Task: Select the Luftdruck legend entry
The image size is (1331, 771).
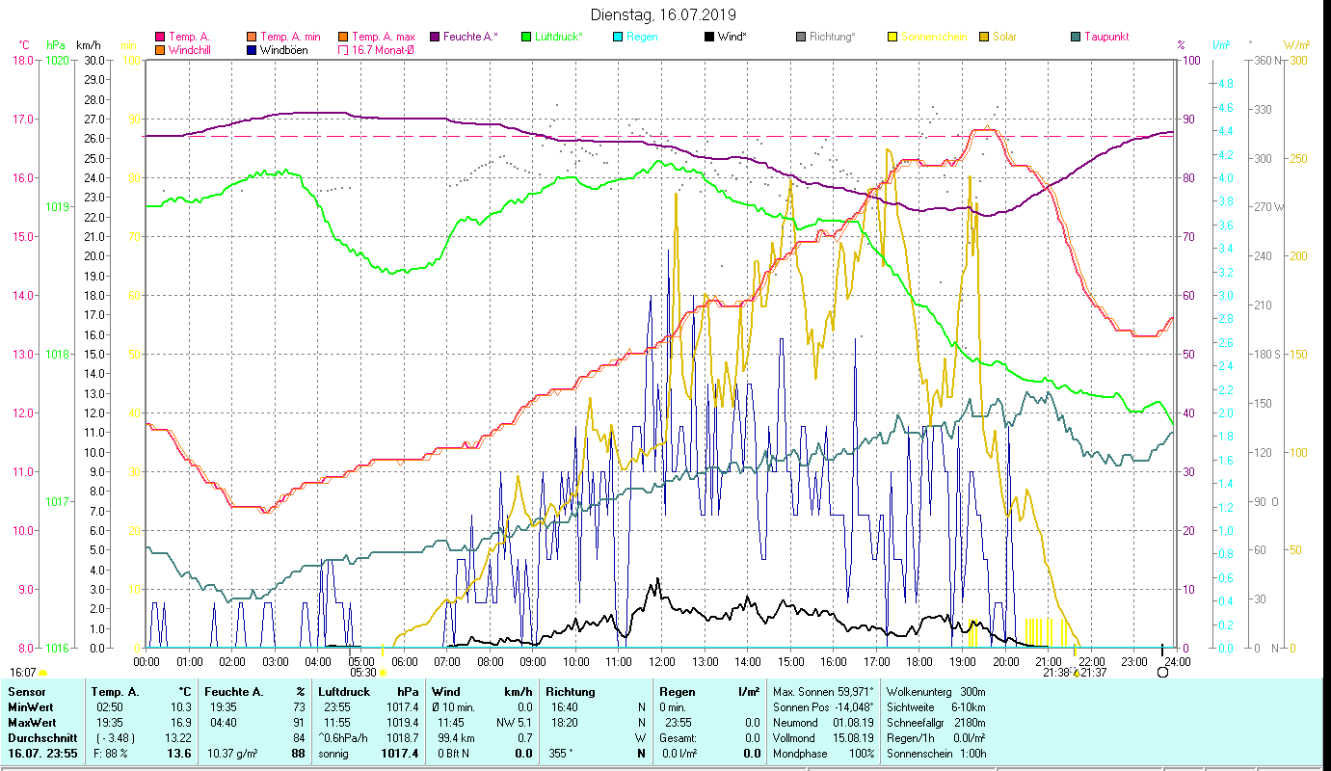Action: tap(560, 37)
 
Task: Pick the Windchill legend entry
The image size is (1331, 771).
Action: tap(192, 50)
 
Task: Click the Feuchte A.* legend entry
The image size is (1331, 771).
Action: tap(469, 37)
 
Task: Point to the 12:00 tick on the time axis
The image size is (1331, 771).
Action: tap(662, 661)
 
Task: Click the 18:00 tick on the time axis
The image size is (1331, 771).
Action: tap(919, 661)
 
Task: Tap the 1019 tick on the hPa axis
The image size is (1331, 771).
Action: tap(57, 207)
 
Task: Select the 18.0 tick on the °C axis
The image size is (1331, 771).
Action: tap(22, 61)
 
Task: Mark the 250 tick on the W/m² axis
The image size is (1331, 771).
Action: tap(1298, 159)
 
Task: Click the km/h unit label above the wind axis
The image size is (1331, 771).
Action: tap(88, 45)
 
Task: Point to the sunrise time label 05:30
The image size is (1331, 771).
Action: tap(363, 673)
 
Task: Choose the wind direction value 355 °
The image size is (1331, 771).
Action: tap(560, 753)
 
